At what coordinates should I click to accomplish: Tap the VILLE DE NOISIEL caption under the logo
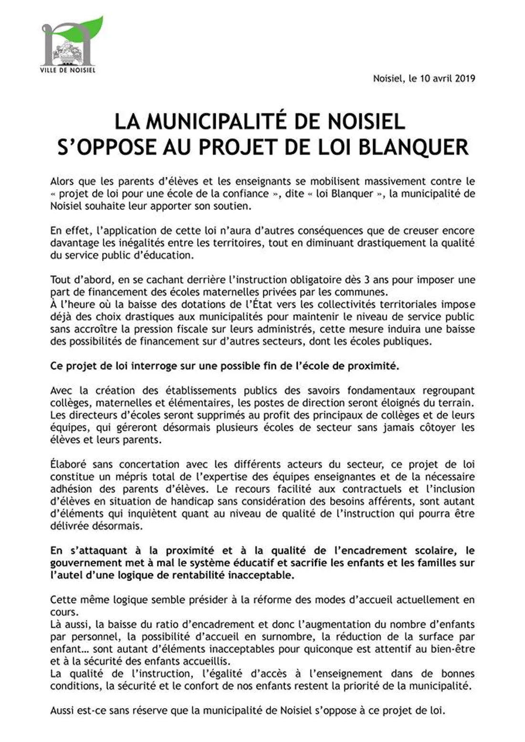click(68, 70)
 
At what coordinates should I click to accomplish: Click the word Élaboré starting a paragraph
click(67, 464)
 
